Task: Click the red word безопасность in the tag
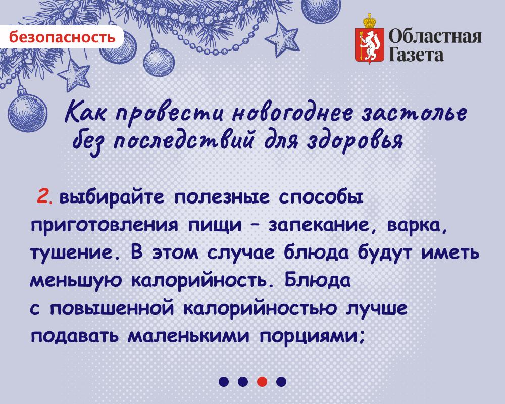(62, 37)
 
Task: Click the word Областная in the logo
(435, 37)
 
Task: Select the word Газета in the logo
(416, 55)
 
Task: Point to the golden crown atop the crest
(370, 21)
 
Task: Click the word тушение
(77, 254)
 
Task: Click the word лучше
(377, 309)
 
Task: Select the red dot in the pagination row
(262, 381)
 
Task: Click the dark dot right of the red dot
(281, 381)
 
